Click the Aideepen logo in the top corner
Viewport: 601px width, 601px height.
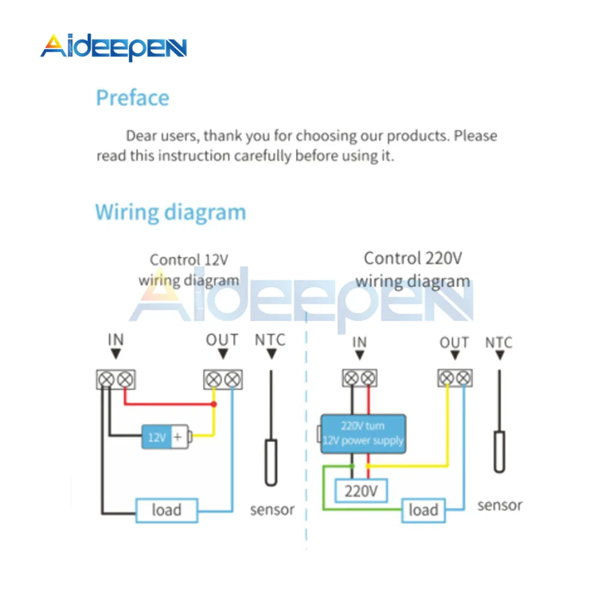114,47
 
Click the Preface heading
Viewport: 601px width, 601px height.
132,98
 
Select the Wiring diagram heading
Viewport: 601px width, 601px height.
171,213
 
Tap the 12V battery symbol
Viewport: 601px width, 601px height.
166,436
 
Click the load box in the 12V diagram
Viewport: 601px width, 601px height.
166,510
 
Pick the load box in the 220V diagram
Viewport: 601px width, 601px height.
424,510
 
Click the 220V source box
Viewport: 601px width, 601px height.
361,490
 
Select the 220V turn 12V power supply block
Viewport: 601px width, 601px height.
362,434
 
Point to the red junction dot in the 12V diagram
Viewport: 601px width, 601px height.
214,404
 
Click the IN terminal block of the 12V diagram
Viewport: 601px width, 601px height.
116,379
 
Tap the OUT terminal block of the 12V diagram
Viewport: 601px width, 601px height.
223,379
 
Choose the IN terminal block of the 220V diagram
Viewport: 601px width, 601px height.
359,378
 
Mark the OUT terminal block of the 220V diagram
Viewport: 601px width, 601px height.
455,378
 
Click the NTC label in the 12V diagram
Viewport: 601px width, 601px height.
270,340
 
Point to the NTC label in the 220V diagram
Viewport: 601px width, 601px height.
499,343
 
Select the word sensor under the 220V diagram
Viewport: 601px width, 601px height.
500,505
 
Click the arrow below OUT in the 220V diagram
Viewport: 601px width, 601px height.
455,355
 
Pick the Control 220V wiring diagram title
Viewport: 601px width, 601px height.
413,270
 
